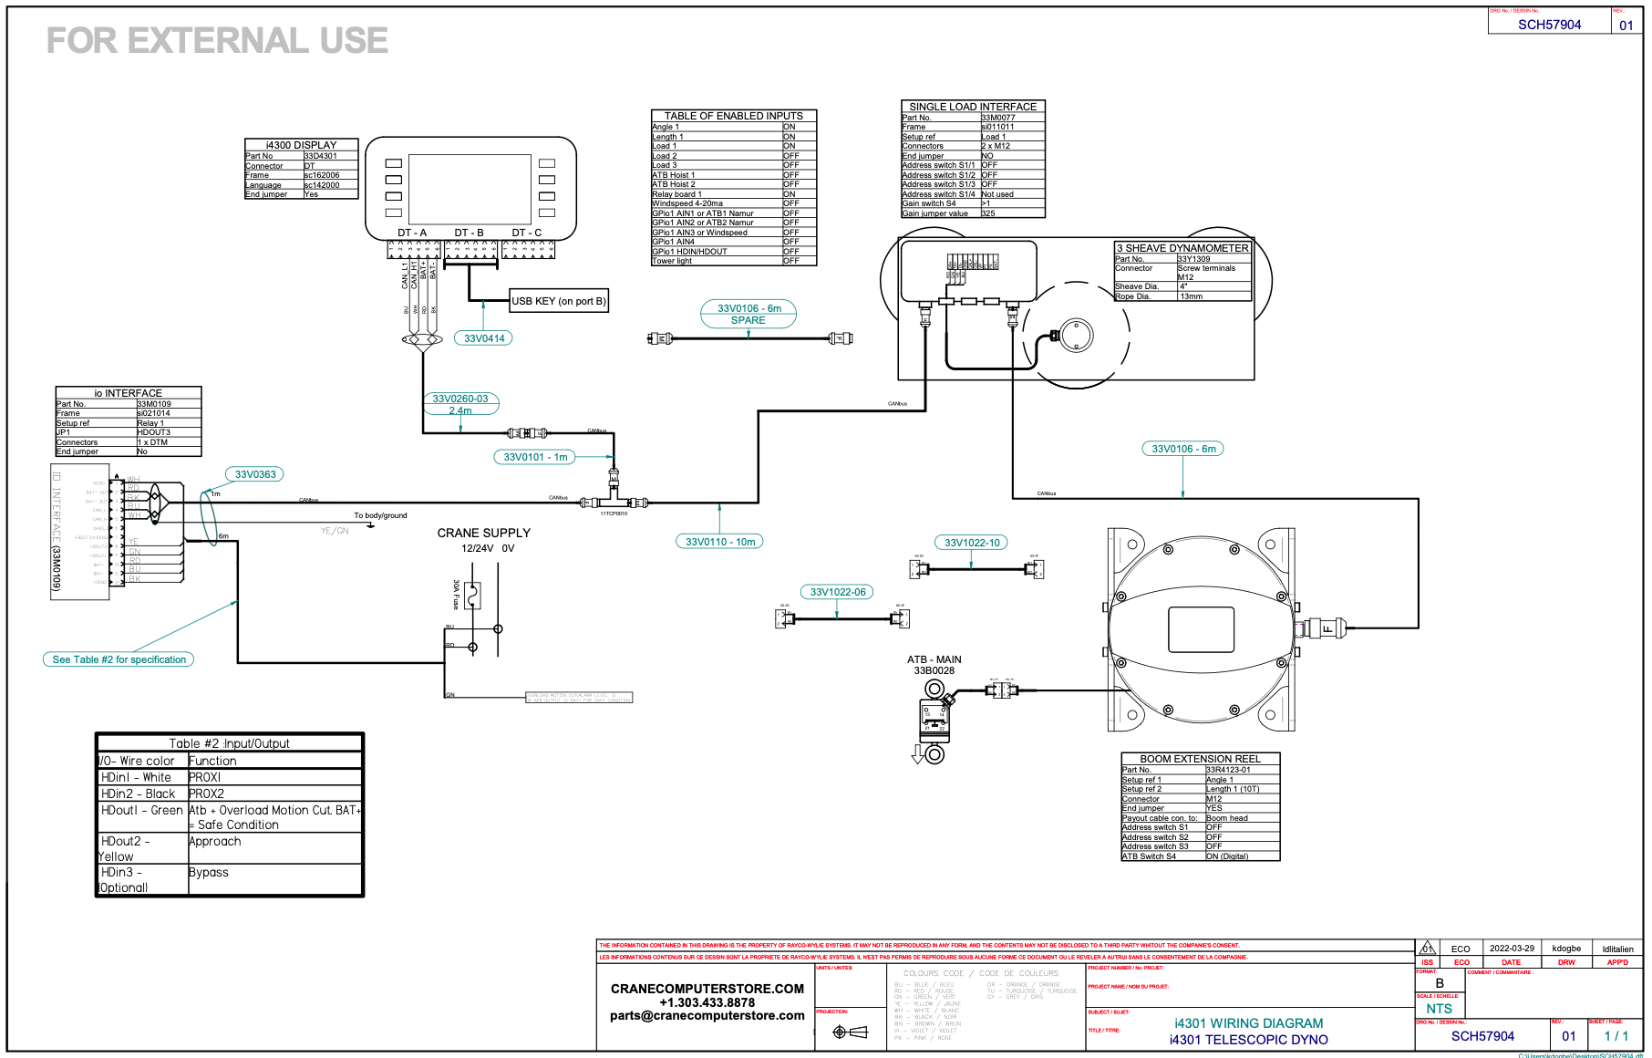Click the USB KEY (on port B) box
[559, 301]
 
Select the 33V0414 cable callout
[484, 338]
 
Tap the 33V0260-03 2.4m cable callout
[460, 404]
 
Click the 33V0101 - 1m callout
[536, 457]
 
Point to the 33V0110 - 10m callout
[720, 542]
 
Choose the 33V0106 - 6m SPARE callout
[749, 314]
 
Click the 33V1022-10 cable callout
[972, 543]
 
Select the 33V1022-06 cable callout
[838, 592]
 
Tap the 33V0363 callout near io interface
[255, 474]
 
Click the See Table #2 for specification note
[119, 659]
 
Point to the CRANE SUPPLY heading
[483, 533]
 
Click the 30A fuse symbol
[471, 596]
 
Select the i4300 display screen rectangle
[470, 188]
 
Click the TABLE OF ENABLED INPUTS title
[733, 116]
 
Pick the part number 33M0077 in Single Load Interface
[998, 118]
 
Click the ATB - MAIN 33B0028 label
[934, 665]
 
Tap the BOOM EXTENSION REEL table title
[1200, 759]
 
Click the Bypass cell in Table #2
[209, 873]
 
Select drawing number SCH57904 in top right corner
[1549, 25]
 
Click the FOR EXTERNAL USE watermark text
[217, 41]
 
